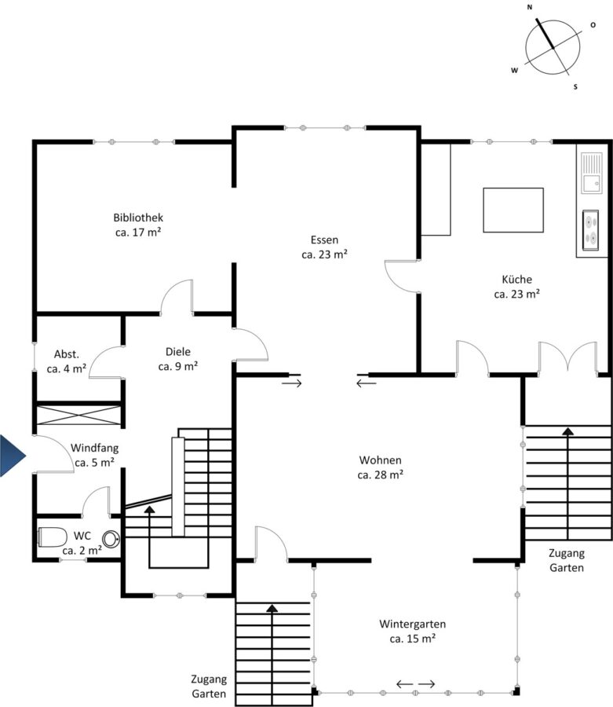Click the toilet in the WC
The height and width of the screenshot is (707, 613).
point(52,537)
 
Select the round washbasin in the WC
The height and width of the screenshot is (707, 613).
point(111,539)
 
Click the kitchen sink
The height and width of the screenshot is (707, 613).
point(591,173)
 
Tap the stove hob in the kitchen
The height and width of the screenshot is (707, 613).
point(590,230)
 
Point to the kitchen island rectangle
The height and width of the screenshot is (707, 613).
point(513,210)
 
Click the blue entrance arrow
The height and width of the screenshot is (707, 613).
point(13,456)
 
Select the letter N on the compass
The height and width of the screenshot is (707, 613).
point(530,7)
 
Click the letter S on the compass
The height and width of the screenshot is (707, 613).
point(575,86)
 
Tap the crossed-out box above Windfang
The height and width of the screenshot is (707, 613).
point(78,415)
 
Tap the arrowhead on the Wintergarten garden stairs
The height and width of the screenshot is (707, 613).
point(272,608)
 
